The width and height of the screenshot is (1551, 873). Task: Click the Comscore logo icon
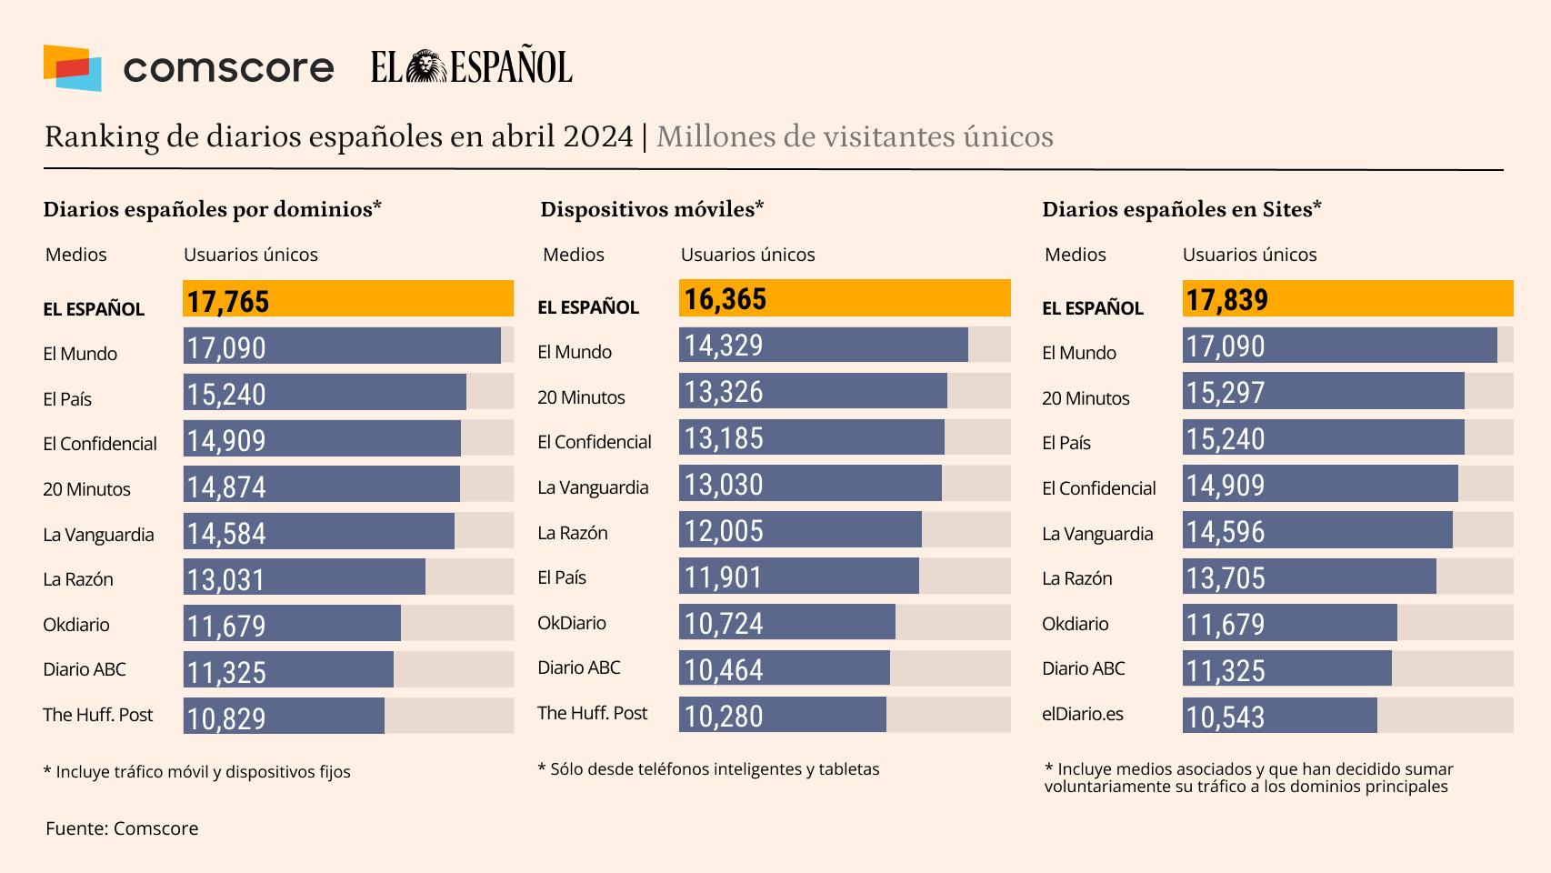pos(72,68)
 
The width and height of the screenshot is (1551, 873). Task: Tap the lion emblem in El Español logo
pos(425,67)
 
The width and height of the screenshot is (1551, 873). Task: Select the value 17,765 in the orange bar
pos(228,301)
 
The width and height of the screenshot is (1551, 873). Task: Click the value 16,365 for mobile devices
pos(725,299)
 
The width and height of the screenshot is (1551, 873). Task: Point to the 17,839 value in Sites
pos(1226,300)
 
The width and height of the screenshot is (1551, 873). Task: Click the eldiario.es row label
pos(1083,714)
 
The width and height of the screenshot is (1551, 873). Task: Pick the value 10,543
pos(1226,717)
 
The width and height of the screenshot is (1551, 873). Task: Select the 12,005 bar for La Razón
pos(800,530)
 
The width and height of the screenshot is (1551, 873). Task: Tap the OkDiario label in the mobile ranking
pos(572,623)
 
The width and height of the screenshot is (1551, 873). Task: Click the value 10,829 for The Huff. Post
pos(226,718)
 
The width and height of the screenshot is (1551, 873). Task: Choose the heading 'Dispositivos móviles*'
pos(652,209)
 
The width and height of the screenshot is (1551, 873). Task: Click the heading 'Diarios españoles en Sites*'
pos(1181,209)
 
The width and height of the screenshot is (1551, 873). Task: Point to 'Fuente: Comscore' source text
pos(122,828)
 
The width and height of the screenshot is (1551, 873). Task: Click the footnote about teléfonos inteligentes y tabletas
pos(709,769)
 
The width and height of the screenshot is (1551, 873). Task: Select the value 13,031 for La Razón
pos(225,579)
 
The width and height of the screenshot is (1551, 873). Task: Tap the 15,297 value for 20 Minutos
pos(1226,393)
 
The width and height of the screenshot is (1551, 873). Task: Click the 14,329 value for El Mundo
pos(724,346)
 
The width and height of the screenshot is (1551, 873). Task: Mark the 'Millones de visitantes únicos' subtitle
pos(855,136)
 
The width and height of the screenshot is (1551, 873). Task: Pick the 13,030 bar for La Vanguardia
pos(810,484)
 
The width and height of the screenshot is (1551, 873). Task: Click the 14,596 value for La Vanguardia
pos(1226,532)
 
